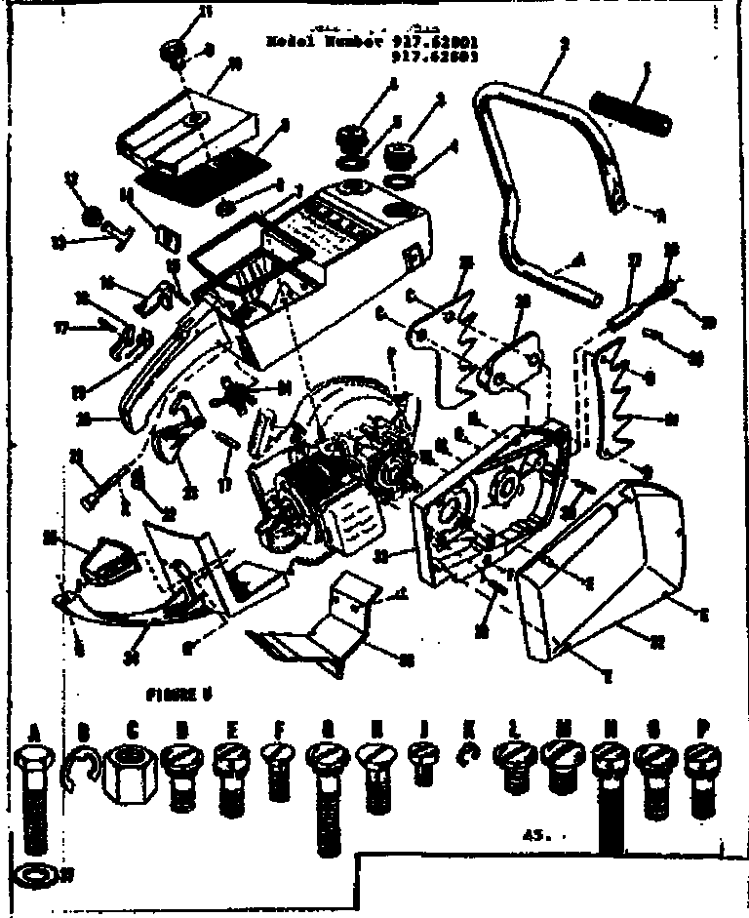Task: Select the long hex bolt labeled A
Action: [36, 795]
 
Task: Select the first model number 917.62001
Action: [436, 42]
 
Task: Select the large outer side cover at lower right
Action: [610, 566]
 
